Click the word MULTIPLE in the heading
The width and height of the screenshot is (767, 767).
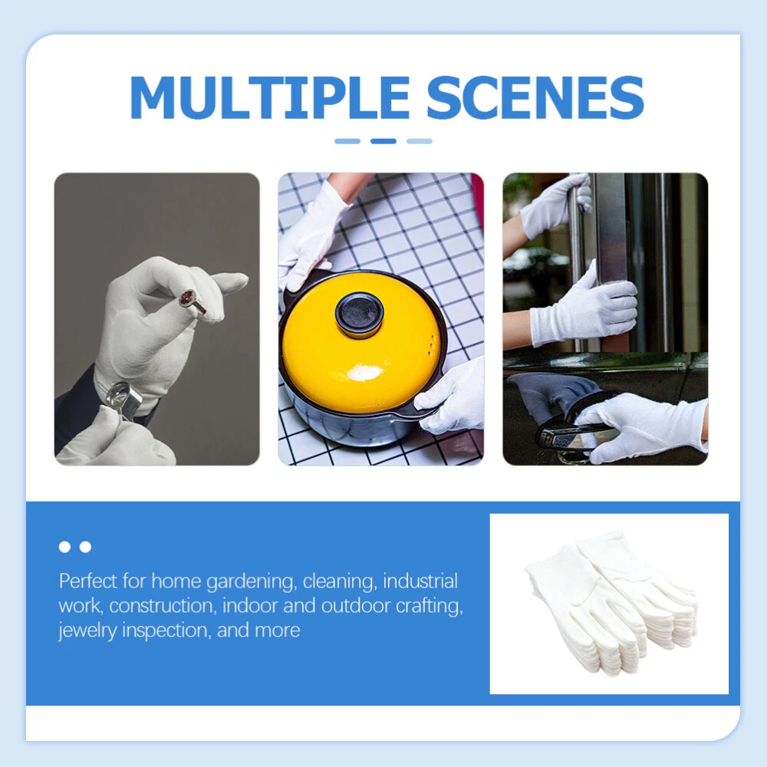(x=269, y=97)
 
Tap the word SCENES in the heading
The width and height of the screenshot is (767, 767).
(x=535, y=97)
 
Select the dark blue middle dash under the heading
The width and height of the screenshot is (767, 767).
(x=383, y=141)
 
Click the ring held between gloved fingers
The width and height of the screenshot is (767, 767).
(x=191, y=301)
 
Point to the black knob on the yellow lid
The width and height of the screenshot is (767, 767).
(x=360, y=314)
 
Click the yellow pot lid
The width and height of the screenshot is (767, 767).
(x=360, y=342)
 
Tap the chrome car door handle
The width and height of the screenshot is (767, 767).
(x=562, y=436)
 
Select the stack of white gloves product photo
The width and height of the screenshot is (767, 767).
(x=611, y=604)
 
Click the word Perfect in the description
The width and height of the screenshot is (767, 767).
(x=88, y=581)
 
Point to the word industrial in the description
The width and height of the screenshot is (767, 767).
(x=420, y=581)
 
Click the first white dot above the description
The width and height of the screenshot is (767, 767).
(x=64, y=547)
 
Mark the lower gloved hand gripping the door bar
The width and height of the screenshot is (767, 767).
(x=584, y=308)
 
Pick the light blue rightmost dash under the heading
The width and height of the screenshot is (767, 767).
(x=420, y=141)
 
